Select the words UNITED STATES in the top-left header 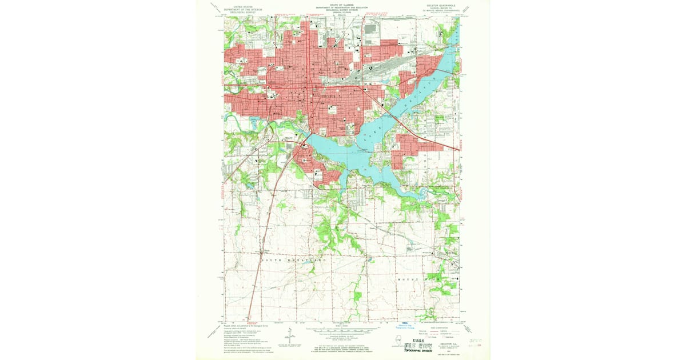[x=239, y=4]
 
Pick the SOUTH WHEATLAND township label [x=294, y=259]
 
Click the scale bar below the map [x=342, y=330]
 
